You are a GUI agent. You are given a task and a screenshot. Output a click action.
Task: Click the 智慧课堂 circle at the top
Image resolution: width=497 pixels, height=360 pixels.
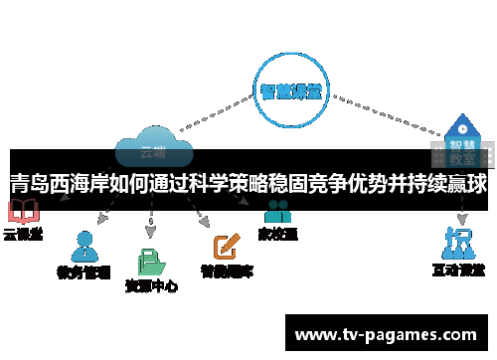[290, 92]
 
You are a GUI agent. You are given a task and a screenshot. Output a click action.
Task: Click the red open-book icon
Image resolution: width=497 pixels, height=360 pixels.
[22, 212]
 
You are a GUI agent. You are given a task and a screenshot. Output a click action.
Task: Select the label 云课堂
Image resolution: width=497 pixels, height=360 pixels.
[22, 235]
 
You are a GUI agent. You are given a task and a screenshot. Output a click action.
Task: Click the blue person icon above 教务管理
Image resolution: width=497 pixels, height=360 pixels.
[84, 245]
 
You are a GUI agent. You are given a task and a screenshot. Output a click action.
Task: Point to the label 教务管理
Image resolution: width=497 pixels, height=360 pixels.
[84, 270]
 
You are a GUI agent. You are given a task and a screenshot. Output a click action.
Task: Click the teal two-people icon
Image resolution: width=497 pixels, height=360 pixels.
[277, 212]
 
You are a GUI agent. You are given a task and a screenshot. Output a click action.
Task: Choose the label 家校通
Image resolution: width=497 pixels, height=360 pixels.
[277, 235]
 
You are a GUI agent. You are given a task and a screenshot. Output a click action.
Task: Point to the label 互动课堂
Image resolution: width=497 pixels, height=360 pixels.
[458, 270]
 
